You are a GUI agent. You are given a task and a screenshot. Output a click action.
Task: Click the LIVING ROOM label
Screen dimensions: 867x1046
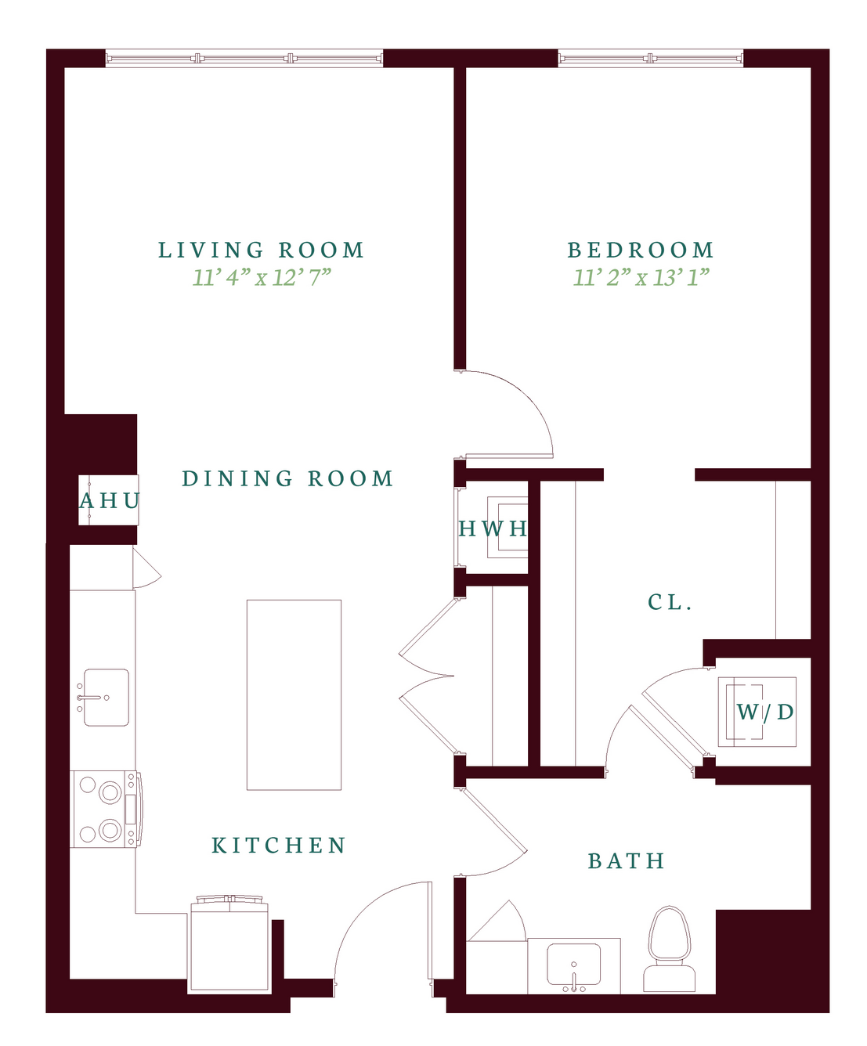tap(261, 250)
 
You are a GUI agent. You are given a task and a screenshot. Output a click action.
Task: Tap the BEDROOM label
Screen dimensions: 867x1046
tap(641, 250)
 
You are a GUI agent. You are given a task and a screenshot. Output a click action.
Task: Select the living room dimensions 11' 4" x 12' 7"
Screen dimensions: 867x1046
tap(262, 277)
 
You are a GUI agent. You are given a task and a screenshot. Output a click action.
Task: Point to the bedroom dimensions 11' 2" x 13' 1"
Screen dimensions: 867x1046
tap(641, 277)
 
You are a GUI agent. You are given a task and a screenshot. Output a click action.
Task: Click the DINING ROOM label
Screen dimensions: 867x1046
tap(287, 478)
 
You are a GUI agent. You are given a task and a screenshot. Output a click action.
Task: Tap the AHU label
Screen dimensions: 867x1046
tap(110, 500)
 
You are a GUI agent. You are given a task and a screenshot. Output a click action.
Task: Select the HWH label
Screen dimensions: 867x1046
tap(493, 528)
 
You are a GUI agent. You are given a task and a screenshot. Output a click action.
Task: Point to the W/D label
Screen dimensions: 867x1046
tap(765, 712)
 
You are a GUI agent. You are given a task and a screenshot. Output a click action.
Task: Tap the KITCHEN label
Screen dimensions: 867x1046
tap(279, 845)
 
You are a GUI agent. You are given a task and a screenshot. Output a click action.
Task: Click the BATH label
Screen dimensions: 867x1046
tap(627, 861)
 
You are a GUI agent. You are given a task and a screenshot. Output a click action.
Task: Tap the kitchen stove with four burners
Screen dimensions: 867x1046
tap(106, 809)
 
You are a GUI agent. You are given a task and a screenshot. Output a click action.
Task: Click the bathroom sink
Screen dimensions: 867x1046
tap(573, 966)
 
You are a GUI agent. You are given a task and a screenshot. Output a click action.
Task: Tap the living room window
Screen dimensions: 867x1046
tap(244, 58)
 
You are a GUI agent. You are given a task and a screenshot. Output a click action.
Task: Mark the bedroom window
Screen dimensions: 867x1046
tap(651, 58)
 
